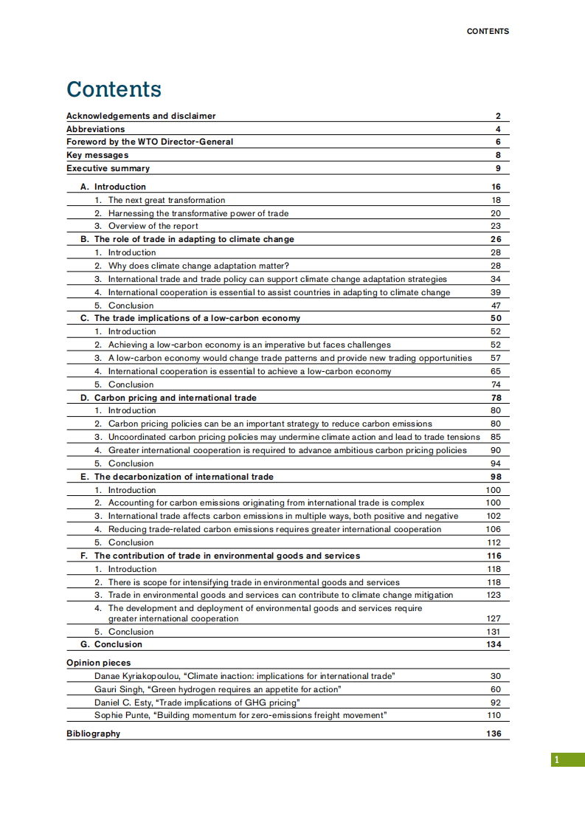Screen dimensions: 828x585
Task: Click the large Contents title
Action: [114, 89]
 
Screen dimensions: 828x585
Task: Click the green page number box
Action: [567, 759]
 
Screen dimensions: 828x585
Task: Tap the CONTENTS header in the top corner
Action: [488, 31]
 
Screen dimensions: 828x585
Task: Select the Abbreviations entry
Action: [96, 129]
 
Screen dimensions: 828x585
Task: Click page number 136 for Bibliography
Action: [494, 734]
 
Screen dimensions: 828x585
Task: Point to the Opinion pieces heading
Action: [99, 663]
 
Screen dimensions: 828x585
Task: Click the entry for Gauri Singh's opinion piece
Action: [218, 689]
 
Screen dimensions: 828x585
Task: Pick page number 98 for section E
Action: [495, 477]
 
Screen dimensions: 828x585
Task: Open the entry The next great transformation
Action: [167, 200]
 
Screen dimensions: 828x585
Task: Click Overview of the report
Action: [153, 226]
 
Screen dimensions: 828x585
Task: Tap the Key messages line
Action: [97, 155]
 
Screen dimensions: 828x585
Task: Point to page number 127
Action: [494, 618]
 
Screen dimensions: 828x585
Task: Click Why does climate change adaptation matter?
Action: [198, 266]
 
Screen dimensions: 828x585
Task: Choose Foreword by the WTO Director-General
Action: [150, 142]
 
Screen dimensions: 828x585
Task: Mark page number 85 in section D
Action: [495, 437]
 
